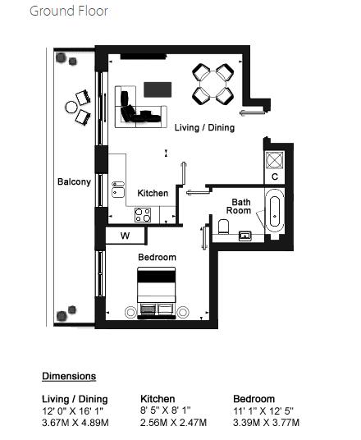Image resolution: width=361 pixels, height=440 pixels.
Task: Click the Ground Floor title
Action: [x=69, y=11]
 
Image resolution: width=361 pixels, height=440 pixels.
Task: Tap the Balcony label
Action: [x=74, y=182]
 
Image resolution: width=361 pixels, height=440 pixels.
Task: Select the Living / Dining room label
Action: [x=204, y=128]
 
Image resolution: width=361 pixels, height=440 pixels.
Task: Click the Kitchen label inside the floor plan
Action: [x=153, y=193]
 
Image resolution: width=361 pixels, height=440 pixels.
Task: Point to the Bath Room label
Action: [x=239, y=206]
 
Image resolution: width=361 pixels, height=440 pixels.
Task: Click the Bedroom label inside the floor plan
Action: [x=157, y=257]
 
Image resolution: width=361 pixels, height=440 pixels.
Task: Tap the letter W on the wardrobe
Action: [x=125, y=236]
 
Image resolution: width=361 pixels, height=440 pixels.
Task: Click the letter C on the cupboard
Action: [x=275, y=176]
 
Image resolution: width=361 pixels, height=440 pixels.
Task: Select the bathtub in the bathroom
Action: [x=275, y=211]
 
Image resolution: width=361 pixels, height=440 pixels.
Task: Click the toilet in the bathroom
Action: [x=223, y=227]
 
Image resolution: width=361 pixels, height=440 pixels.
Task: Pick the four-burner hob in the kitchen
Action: [x=143, y=215]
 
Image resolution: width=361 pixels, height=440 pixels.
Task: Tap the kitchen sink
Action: [x=118, y=190]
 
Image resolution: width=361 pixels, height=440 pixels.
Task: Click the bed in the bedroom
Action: [x=156, y=293]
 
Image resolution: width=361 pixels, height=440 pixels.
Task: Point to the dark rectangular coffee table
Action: [x=158, y=89]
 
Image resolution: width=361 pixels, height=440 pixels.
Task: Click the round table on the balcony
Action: [x=71, y=107]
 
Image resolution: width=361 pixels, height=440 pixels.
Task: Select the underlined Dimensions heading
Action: [x=69, y=376]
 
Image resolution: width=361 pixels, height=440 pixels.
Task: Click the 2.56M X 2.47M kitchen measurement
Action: [x=173, y=422]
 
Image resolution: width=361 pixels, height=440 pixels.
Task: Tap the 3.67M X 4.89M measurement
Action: [x=75, y=422]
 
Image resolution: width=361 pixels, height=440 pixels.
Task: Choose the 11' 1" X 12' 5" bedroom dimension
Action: [x=263, y=411]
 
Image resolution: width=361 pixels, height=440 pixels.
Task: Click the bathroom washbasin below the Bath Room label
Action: [x=244, y=236]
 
